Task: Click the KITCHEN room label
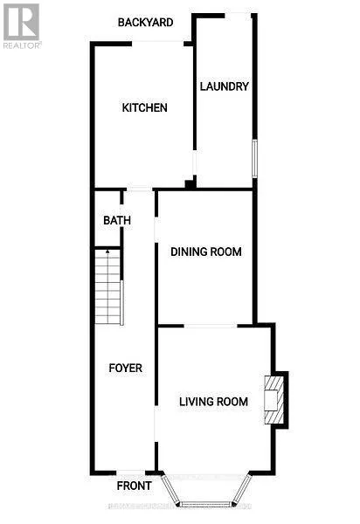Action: click(x=144, y=108)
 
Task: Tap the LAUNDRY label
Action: click(x=225, y=86)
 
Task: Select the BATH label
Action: click(x=117, y=221)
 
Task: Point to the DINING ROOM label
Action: click(x=205, y=252)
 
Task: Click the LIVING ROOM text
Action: click(x=213, y=402)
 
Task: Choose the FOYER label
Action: click(x=125, y=368)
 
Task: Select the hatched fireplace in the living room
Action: click(x=275, y=399)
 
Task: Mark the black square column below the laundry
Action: click(x=189, y=184)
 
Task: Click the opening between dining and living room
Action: click(x=210, y=326)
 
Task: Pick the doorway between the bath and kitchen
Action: click(x=140, y=190)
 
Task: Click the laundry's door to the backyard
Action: click(x=238, y=15)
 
